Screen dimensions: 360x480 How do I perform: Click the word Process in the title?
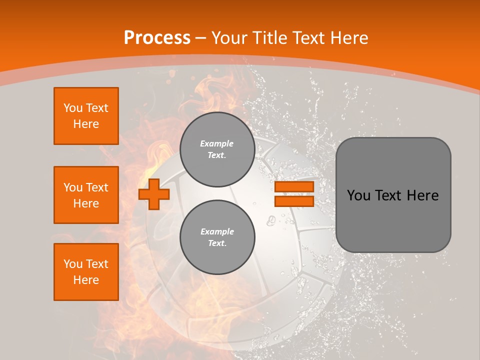pyautogui.click(x=157, y=37)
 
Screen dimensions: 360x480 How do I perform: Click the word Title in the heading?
pyautogui.click(x=270, y=37)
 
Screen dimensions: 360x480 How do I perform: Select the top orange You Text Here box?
pyautogui.click(x=86, y=116)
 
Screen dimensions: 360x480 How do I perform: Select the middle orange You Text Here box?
pyautogui.click(x=86, y=195)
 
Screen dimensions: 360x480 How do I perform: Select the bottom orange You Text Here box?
pyautogui.click(x=86, y=272)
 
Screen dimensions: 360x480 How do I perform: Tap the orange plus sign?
pyautogui.click(x=154, y=194)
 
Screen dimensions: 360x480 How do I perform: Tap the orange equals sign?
pyautogui.click(x=294, y=194)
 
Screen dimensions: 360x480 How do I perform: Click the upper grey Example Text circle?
pyautogui.click(x=217, y=149)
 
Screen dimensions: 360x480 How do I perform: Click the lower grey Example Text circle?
pyautogui.click(x=217, y=237)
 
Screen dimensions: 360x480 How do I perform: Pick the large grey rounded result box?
pyautogui.click(x=393, y=195)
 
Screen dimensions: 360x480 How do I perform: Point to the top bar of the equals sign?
pyautogui.click(x=294, y=187)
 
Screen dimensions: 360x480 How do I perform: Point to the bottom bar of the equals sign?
pyautogui.click(x=294, y=201)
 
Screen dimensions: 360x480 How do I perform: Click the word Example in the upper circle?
pyautogui.click(x=217, y=143)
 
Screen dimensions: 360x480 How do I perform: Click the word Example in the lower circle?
pyautogui.click(x=217, y=231)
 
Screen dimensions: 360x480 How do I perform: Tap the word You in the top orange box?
pyautogui.click(x=73, y=108)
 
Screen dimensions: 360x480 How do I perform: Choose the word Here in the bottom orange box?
pyautogui.click(x=86, y=280)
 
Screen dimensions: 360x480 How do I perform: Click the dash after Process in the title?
pyautogui.click(x=201, y=38)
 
